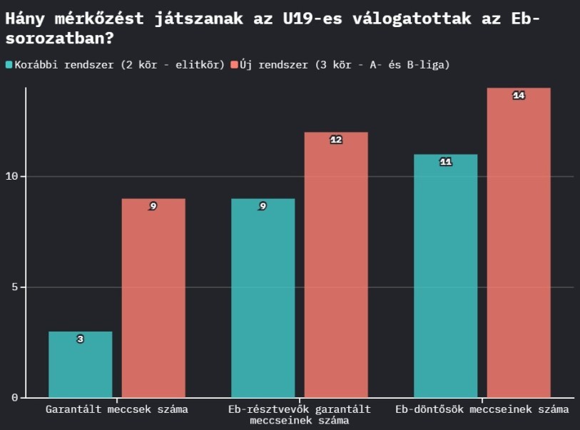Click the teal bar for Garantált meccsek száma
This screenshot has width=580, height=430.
[80, 364]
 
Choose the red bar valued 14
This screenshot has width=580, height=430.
[519, 242]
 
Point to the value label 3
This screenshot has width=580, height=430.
[80, 339]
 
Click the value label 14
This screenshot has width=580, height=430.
[519, 96]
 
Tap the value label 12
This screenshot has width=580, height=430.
[336, 140]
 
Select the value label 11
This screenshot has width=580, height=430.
[445, 162]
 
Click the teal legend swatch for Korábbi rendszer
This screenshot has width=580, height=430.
[9, 65]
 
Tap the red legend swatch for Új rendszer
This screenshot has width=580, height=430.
[233, 65]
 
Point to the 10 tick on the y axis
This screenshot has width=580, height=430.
[15, 177]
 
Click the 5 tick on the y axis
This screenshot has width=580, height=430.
[18, 287]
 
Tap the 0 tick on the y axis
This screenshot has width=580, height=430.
[18, 398]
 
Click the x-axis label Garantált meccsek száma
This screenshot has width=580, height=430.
[116, 409]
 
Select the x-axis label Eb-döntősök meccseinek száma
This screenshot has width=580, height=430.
[482, 409]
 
